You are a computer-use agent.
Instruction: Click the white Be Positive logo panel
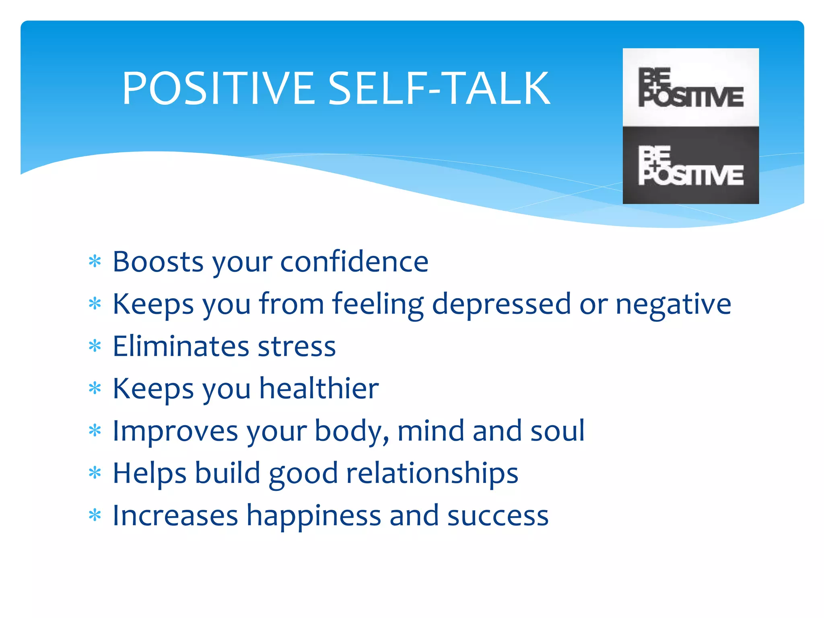coord(690,87)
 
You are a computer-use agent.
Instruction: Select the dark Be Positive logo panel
coord(690,165)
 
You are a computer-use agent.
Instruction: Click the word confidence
coord(354,262)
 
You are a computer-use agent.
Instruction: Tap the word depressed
coord(501,304)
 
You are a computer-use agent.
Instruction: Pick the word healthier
coord(319,389)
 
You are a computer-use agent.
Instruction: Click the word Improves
coord(175,431)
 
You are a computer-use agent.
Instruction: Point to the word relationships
coord(432,474)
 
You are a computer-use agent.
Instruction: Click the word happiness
coord(313,516)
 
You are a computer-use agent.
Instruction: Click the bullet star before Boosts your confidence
coord(95,262)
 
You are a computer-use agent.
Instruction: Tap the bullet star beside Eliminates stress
coord(95,346)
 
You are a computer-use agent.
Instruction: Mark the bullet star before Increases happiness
coord(95,515)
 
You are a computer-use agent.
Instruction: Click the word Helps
coord(150,474)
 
